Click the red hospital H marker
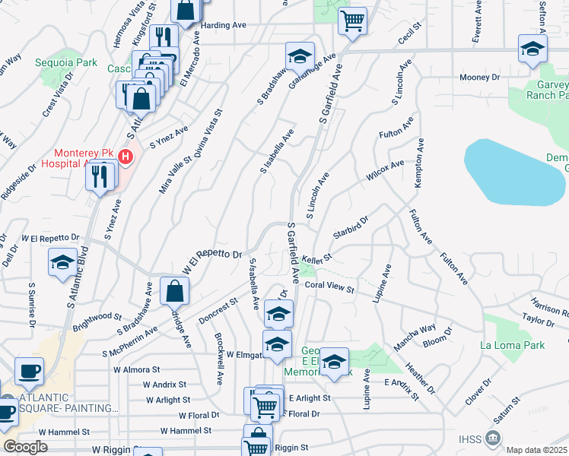[126, 158]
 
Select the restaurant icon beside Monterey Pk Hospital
[101, 176]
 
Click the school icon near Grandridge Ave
[300, 55]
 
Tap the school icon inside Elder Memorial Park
[333, 362]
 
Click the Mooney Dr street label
[478, 78]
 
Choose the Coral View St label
[330, 288]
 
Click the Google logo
[25, 447]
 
